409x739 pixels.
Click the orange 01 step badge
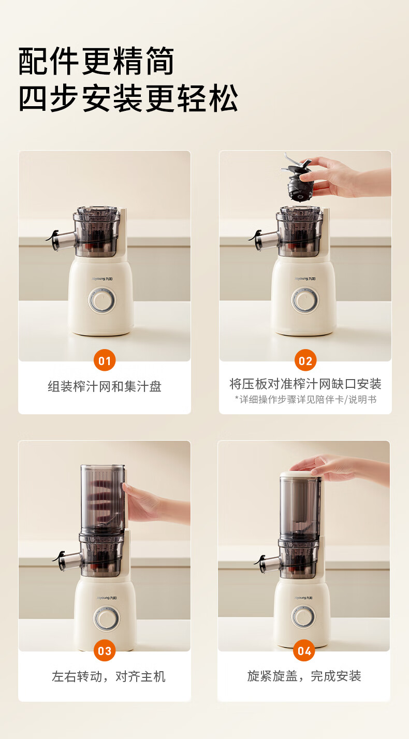[x=105, y=360]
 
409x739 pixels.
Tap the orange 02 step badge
[x=305, y=360]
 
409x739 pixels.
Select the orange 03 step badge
[x=105, y=650]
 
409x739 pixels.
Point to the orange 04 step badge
[x=304, y=650]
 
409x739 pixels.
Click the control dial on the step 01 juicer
[x=103, y=300]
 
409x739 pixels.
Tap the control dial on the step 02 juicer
[x=305, y=300]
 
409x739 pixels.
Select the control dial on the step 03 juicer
[x=107, y=618]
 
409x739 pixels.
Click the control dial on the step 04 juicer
[x=304, y=616]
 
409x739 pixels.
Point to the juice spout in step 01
[x=61, y=240]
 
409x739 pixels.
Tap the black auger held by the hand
[x=298, y=178]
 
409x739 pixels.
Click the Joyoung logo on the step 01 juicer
[x=103, y=279]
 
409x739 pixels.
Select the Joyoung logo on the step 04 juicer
[x=303, y=598]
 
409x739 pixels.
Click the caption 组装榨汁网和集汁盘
[x=105, y=386]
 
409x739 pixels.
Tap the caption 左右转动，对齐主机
[x=109, y=676]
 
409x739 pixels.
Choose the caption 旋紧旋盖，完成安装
[x=304, y=676]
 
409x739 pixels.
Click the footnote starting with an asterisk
[x=305, y=399]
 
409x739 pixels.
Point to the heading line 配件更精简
[x=96, y=61]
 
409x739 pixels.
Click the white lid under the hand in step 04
[x=300, y=474]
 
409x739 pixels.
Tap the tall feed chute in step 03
[x=103, y=499]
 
